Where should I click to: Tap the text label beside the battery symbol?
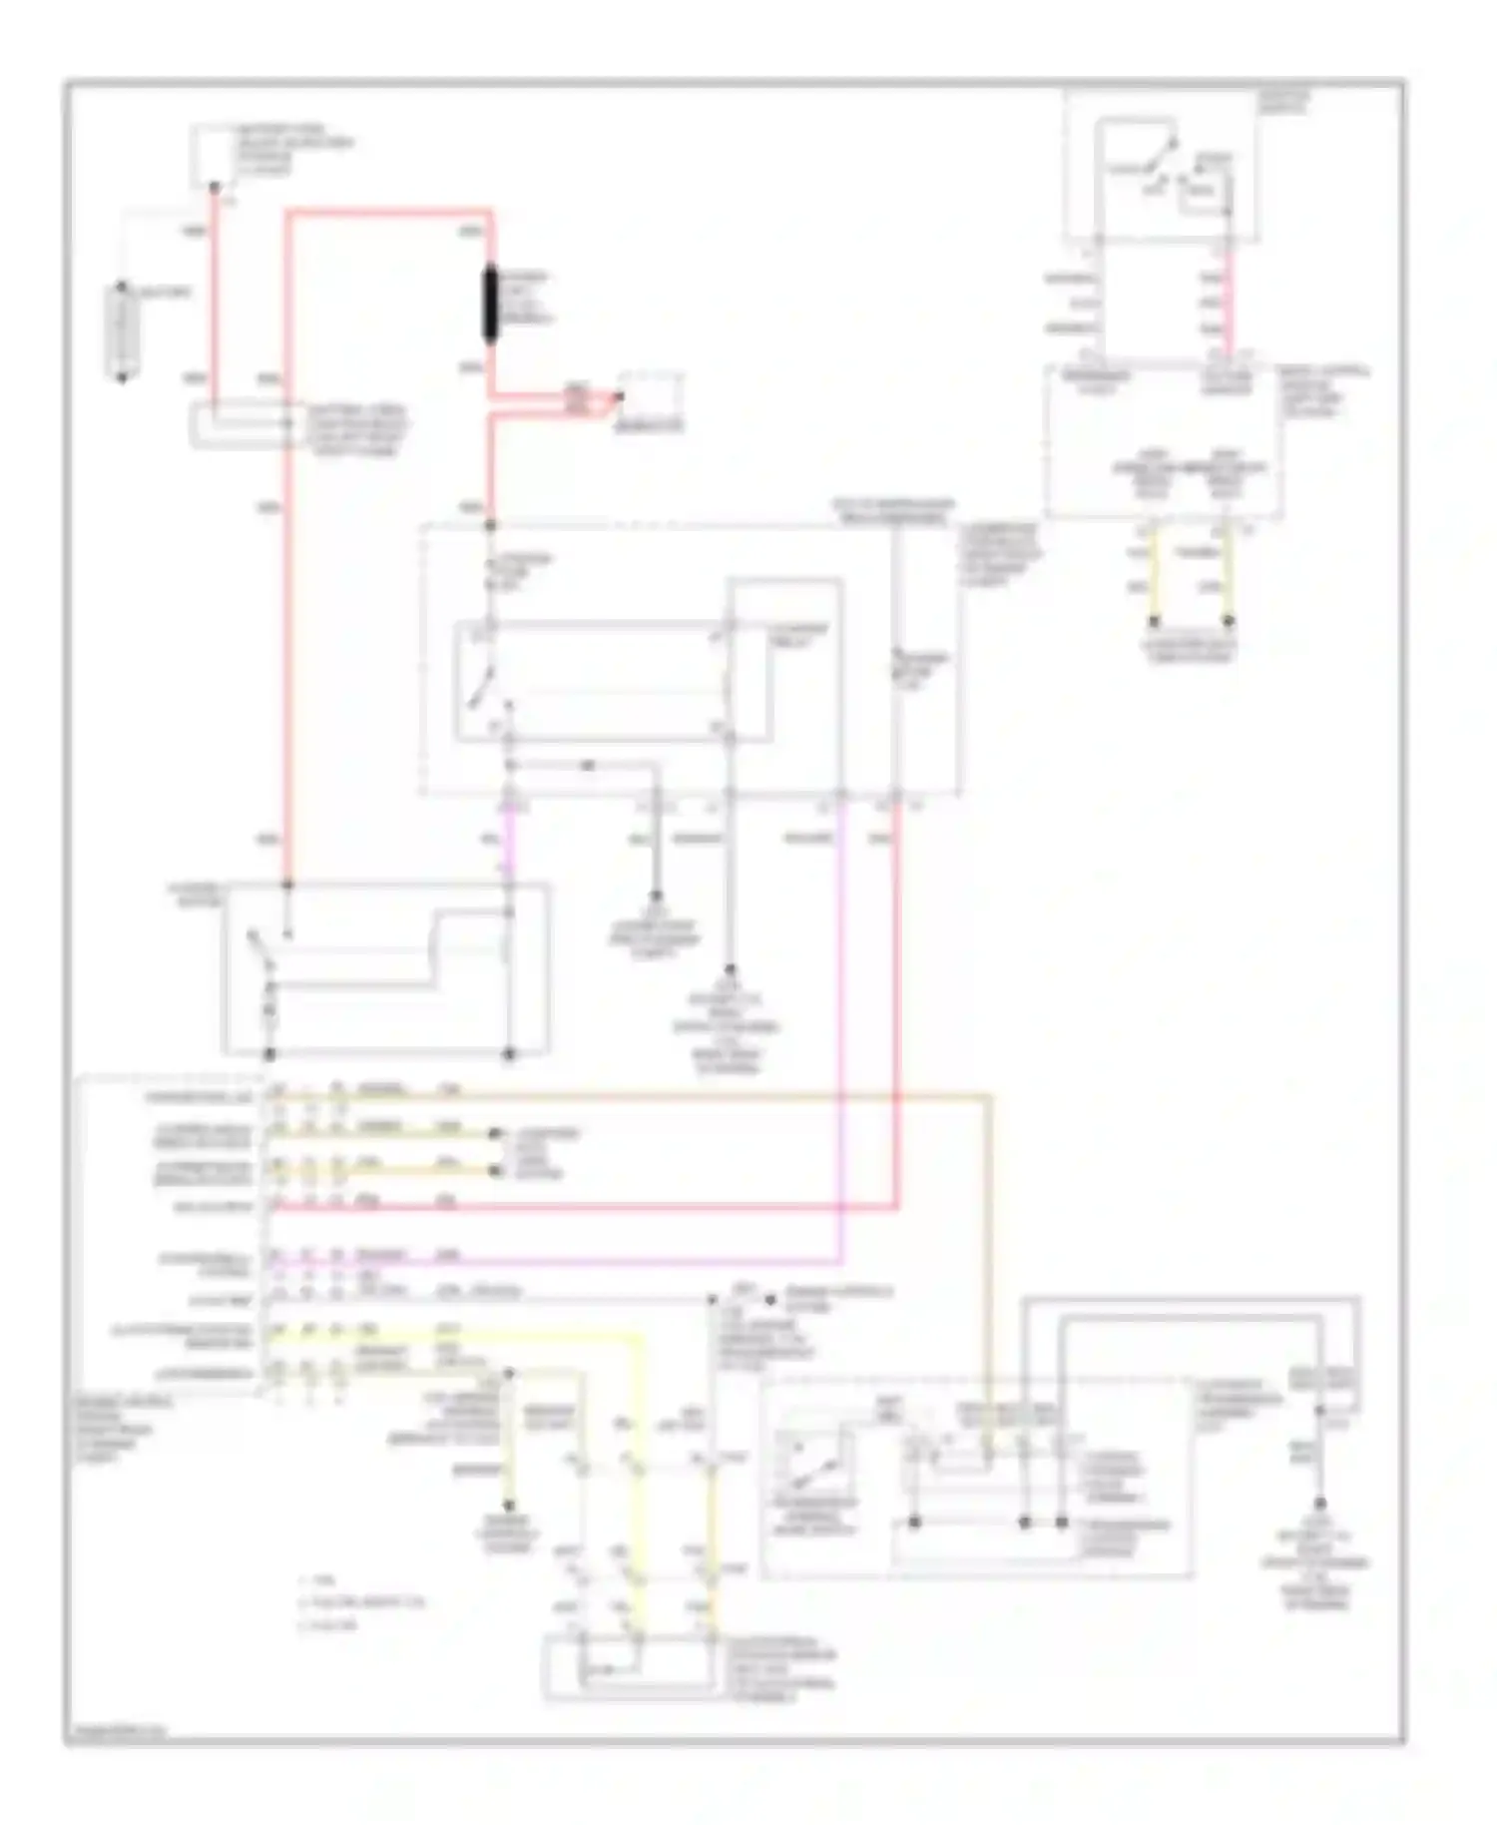tap(166, 293)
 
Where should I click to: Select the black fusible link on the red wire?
tap(491, 304)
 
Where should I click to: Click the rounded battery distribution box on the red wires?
tap(240, 425)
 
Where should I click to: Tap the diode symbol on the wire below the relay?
tap(587, 766)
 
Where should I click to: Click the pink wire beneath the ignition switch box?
tap(1229, 300)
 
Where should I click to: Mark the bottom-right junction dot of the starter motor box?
tap(508, 1053)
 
